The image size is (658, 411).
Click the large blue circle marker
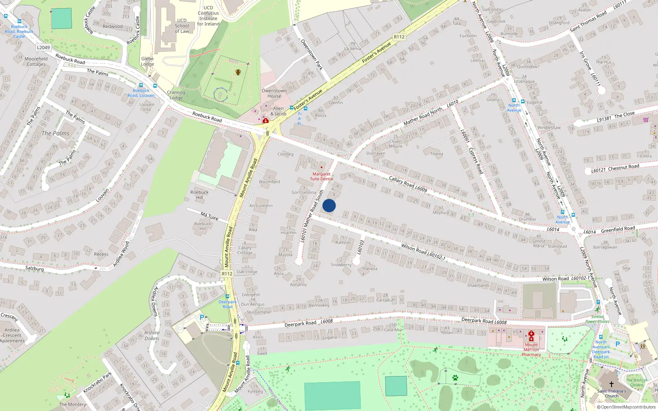click(329, 205)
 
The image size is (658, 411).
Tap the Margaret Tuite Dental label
click(321, 176)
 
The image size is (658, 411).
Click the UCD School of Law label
click(182, 25)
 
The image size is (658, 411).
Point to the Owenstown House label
click(274, 93)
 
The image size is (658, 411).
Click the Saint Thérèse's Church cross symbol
click(612, 384)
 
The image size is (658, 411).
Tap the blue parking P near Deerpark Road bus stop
click(202, 317)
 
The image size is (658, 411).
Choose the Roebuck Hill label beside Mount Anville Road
click(199, 195)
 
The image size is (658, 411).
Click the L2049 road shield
click(43, 47)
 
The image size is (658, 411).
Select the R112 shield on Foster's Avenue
click(399, 37)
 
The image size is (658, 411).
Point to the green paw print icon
click(455, 377)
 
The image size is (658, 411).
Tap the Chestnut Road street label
click(623, 167)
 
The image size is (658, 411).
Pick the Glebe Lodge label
click(147, 61)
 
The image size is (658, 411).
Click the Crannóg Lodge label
click(176, 95)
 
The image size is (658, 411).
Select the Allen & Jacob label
click(278, 111)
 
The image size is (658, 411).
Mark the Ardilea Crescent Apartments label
click(12, 335)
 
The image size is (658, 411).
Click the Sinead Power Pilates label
click(597, 319)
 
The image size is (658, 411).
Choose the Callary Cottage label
click(245, 250)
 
